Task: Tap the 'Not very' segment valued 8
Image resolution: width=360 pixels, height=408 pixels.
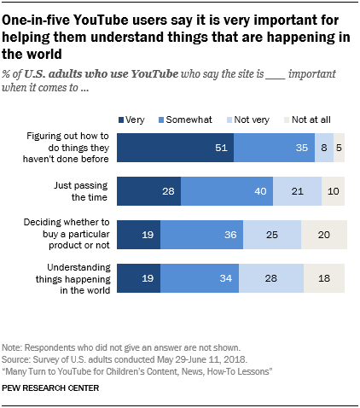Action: click(324, 148)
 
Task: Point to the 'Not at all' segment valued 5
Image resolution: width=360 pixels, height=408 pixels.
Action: click(340, 148)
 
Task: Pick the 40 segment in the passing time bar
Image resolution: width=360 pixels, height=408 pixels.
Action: click(226, 191)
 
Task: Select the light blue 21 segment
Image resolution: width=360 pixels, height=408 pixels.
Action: click(297, 191)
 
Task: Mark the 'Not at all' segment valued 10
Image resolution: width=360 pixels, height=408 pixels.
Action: click(334, 191)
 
